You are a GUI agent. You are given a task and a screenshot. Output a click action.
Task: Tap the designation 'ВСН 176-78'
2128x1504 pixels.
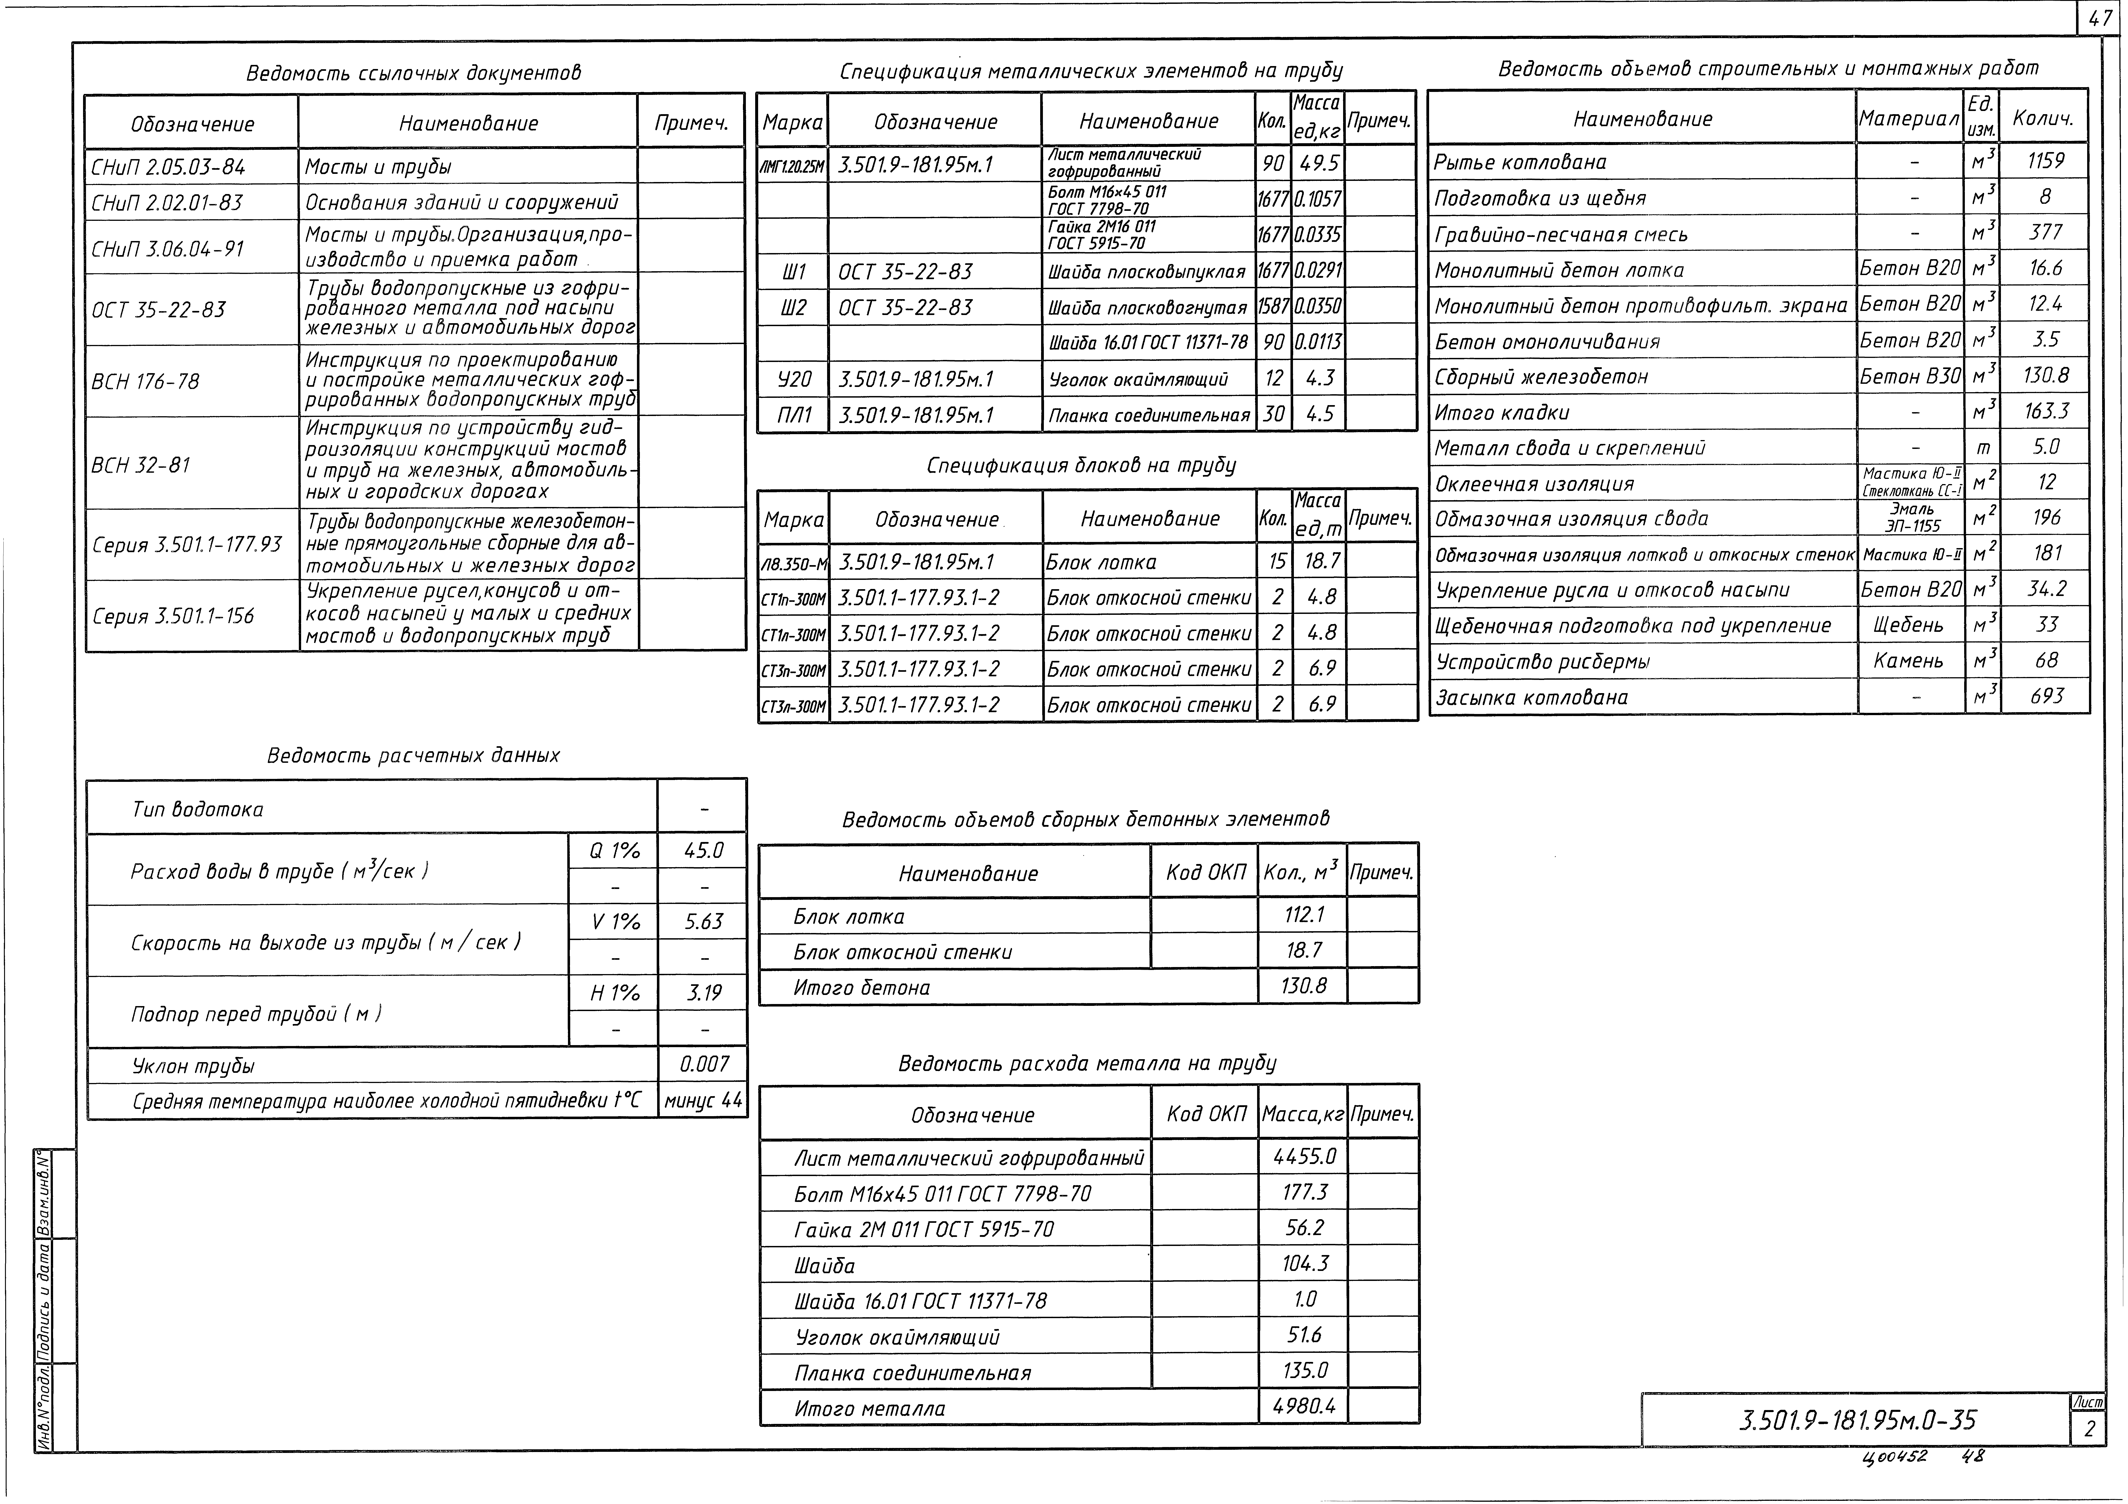coord(145,381)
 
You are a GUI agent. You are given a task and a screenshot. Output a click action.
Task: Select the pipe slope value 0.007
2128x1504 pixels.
coord(704,1063)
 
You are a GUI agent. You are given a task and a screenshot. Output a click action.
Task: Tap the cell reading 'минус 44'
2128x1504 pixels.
coord(703,1101)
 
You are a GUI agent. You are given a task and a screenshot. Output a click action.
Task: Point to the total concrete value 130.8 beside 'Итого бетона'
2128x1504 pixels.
coord(1303,986)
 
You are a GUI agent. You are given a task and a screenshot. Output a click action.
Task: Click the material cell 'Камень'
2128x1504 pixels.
coord(1908,660)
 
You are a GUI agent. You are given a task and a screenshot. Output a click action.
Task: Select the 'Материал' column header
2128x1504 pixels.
coord(1908,119)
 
